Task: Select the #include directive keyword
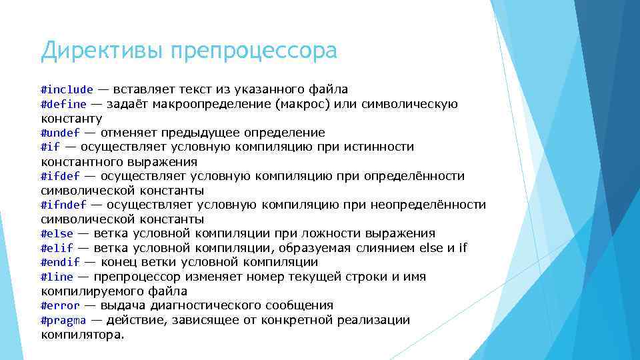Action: [67, 89]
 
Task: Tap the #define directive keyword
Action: [63, 104]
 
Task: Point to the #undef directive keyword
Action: [60, 133]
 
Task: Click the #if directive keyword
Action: [50, 147]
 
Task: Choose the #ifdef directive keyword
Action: [60, 176]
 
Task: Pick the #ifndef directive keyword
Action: [63, 205]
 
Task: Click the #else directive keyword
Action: [57, 233]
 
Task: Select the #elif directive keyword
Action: [57, 248]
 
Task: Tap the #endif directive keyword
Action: [60, 263]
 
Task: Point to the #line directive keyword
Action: [57, 277]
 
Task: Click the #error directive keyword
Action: [60, 305]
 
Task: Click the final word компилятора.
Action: [82, 335]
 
